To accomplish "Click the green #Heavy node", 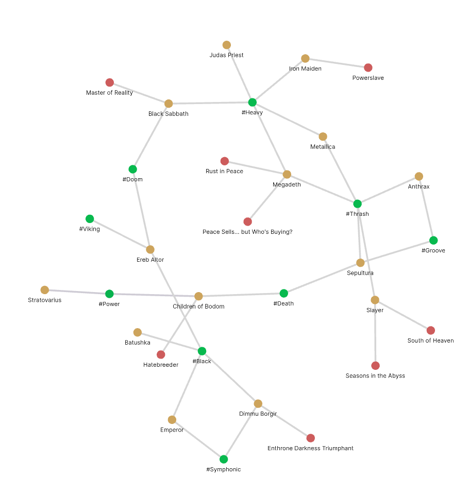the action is pos(252,102).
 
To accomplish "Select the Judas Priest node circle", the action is pos(227,45).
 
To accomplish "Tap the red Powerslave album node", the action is pos(368,67).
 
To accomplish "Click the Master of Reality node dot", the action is pos(110,82).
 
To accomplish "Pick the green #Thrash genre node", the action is pos(358,203).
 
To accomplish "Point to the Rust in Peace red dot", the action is pos(225,161).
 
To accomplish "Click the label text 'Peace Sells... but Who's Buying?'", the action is pos(247,232).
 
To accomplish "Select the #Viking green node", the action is pos(90,219).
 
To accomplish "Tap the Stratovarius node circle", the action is pos(45,290).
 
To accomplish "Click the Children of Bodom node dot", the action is pos(198,296).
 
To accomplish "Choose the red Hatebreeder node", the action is pos(161,354).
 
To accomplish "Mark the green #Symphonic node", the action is pos(224,459).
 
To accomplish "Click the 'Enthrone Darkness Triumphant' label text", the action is pos(310,448).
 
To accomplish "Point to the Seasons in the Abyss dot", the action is pos(375,366).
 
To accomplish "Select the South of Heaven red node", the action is pos(431,330).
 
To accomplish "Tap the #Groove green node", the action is pos(433,240).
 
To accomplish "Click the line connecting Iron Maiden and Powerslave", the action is pos(337,63).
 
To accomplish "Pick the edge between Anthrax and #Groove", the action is pos(426,208).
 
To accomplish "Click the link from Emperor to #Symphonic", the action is pos(198,439).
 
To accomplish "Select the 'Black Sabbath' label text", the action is pos(169,114).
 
